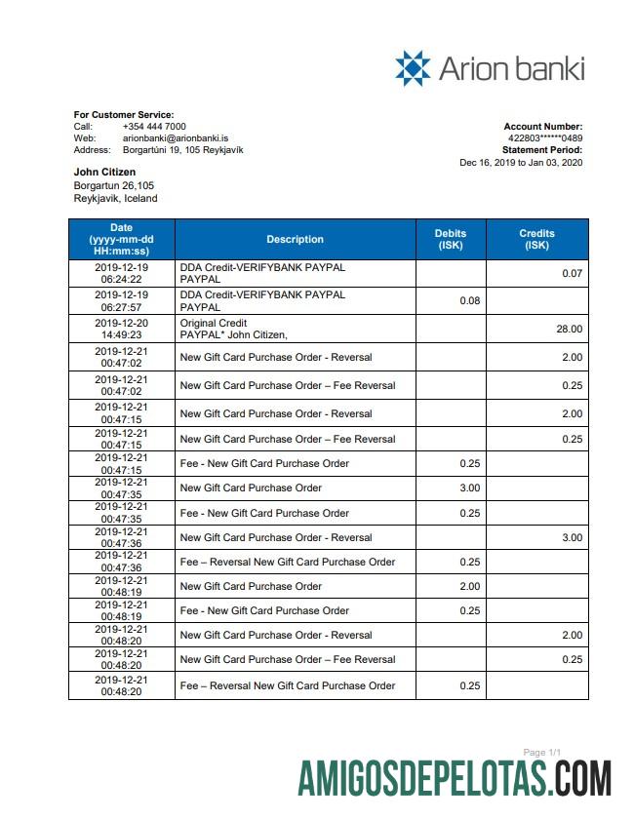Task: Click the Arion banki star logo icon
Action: (413, 68)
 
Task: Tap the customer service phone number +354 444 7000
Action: (154, 127)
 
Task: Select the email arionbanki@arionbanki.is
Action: (176, 138)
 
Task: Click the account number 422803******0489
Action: (545, 138)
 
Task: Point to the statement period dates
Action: (521, 163)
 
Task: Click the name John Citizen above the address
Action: (104, 173)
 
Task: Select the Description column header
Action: (295, 239)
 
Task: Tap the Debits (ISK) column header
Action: (451, 239)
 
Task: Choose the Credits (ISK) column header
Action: (536, 239)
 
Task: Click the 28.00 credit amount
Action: (569, 330)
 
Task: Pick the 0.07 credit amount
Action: (572, 273)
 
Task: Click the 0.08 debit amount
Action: (469, 300)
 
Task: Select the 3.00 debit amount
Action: (469, 487)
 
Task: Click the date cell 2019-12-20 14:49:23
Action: (122, 329)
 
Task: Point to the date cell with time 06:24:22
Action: (122, 272)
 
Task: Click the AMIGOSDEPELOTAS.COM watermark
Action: (455, 781)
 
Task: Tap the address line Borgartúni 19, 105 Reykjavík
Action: (182, 150)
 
